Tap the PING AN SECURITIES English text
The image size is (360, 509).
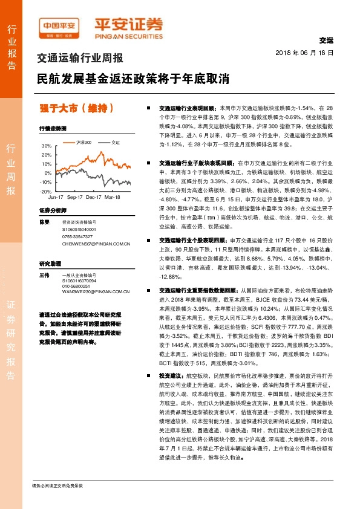129,34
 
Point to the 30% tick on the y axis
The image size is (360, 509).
47,146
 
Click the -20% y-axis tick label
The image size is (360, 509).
46,191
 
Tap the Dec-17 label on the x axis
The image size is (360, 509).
93,197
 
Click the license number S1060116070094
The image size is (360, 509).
80,281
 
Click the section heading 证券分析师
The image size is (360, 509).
52,210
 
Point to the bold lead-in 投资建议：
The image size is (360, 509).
163,375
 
